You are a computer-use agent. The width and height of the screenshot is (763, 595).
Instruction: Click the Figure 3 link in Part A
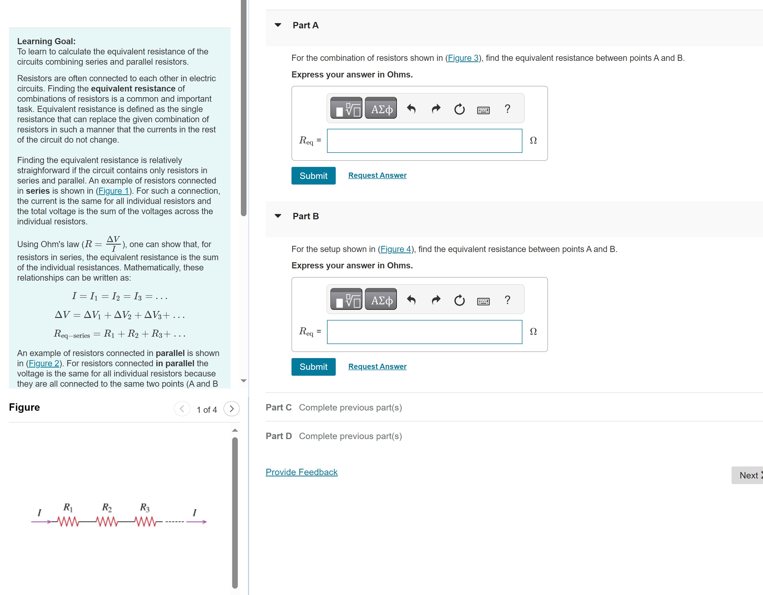pyautogui.click(x=463, y=58)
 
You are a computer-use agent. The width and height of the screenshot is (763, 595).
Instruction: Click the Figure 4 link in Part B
pyautogui.click(x=396, y=249)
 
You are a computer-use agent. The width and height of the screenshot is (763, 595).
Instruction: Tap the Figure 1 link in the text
pyautogui.click(x=114, y=191)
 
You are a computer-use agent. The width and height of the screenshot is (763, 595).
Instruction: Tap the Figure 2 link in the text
pyautogui.click(x=44, y=363)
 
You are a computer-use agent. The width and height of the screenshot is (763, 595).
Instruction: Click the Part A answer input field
pyautogui.click(x=424, y=141)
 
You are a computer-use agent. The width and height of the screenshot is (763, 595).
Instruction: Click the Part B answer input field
pyautogui.click(x=424, y=332)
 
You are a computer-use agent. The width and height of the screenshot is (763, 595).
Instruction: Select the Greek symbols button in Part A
pyautogui.click(x=381, y=109)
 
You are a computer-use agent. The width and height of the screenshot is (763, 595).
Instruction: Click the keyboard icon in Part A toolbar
pyautogui.click(x=483, y=110)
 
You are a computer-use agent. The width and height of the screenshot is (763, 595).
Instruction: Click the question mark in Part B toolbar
pyautogui.click(x=507, y=300)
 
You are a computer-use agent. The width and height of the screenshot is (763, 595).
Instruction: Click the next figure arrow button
pyautogui.click(x=231, y=409)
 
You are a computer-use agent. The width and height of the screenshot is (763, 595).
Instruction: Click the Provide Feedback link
pyautogui.click(x=301, y=472)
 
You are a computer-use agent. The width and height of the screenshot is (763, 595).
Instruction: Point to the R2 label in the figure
pyautogui.click(x=107, y=507)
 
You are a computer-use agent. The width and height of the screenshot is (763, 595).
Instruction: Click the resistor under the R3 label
pyautogui.click(x=145, y=522)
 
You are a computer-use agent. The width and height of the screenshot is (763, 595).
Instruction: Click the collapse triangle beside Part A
pyautogui.click(x=278, y=25)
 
